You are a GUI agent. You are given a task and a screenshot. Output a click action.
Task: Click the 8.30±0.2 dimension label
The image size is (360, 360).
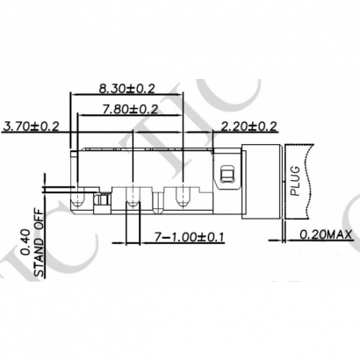[129, 88]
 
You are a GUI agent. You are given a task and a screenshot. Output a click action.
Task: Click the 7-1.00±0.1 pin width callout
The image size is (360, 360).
[186, 237]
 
